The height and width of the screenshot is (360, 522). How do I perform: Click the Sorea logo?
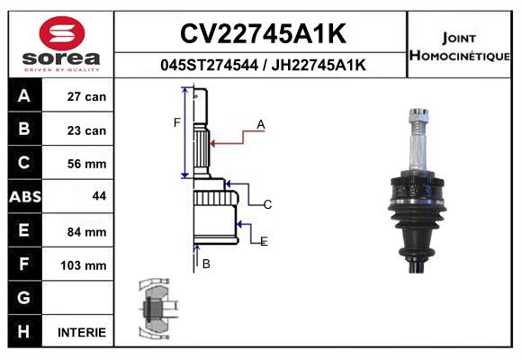click(61, 43)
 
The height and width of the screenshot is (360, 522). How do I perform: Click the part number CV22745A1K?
click(262, 34)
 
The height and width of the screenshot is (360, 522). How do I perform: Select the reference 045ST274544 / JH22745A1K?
click(262, 65)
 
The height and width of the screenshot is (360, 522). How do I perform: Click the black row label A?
click(24, 96)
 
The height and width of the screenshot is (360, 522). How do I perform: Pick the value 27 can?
click(86, 96)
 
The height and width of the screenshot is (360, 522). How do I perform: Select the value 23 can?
click(86, 130)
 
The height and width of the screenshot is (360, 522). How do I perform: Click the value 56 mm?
click(86, 164)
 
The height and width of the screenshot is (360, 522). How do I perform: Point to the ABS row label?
click(24, 197)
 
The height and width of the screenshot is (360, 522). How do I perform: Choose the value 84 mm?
click(86, 231)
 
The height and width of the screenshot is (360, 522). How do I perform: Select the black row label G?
click(24, 298)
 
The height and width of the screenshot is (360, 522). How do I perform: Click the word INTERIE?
click(82, 332)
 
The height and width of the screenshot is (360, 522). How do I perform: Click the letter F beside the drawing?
click(176, 122)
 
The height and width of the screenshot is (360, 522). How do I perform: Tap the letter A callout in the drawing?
click(260, 125)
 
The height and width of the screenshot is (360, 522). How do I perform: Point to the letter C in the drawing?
click(267, 205)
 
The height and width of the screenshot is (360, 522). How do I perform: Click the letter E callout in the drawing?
click(264, 241)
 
